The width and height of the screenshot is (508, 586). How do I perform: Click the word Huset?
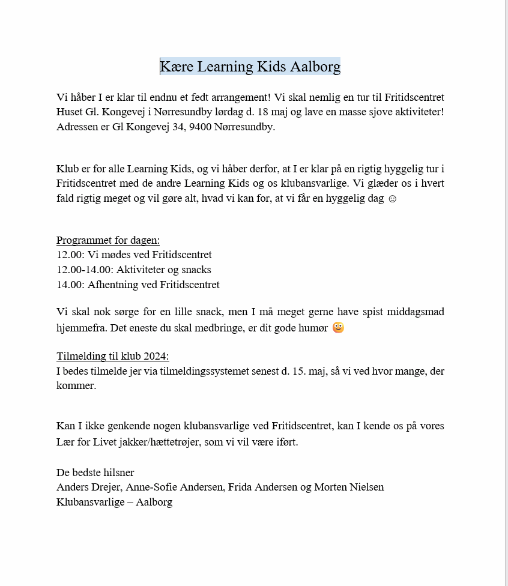click(x=70, y=112)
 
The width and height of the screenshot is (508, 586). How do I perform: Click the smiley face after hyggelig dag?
click(x=392, y=198)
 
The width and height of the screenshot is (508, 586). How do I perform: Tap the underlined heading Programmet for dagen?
click(x=108, y=240)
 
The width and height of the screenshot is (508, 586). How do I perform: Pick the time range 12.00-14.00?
click(x=83, y=270)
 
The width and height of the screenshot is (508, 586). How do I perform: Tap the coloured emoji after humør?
click(x=338, y=327)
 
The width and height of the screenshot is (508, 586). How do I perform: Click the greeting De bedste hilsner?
click(x=95, y=473)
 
